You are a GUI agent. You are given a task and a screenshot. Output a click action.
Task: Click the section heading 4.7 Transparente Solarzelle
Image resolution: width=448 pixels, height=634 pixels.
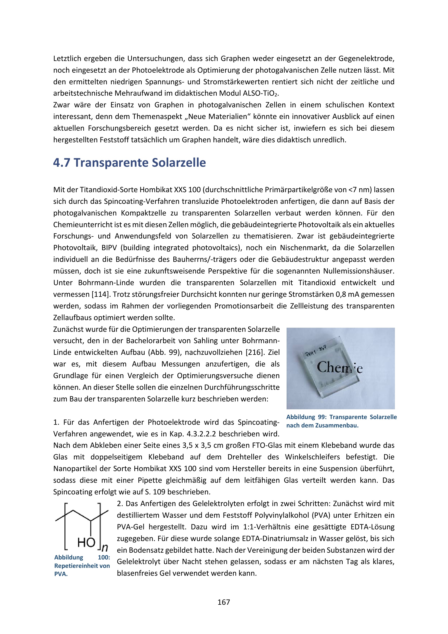pos(129,163)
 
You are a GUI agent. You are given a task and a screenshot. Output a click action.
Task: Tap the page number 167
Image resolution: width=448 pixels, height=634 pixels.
pos(224,602)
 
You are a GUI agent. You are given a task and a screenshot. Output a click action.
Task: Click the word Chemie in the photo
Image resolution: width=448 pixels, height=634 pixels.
pos(339,368)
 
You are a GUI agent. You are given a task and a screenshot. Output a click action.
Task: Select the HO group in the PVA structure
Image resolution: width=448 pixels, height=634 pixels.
pos(86,542)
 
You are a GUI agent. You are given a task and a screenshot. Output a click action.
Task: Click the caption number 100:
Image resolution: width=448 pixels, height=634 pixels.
pos(104,557)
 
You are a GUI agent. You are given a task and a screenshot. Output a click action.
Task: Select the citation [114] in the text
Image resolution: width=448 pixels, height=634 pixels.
pos(101,294)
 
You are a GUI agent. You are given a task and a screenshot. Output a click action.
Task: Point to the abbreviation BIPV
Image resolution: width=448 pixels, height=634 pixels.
pos(109,248)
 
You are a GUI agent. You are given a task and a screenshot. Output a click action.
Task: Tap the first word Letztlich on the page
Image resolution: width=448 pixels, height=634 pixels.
pos(67,59)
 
